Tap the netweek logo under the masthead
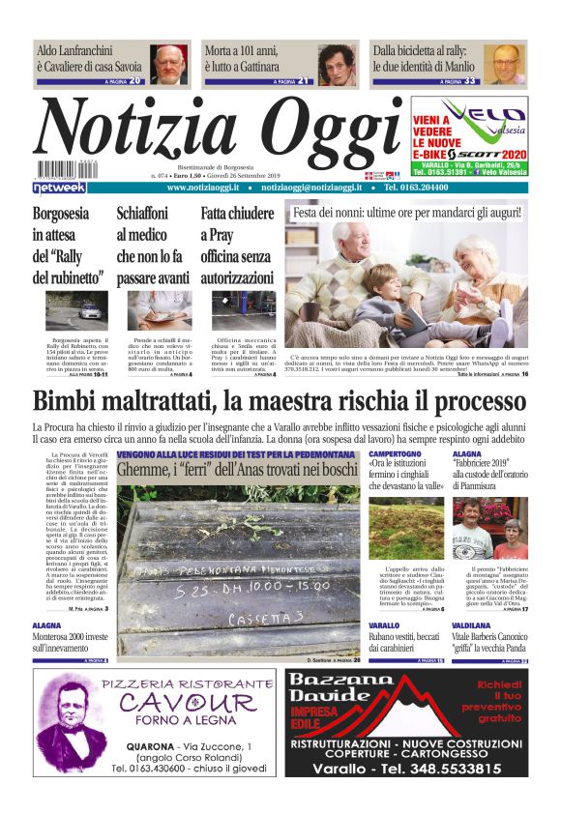(59, 188)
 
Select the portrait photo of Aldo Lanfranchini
(170, 65)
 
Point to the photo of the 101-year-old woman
(338, 65)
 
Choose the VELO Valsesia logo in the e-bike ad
(471, 114)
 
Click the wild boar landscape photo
(406, 527)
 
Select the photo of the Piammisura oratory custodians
(490, 527)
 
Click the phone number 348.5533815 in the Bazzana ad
(444, 770)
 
